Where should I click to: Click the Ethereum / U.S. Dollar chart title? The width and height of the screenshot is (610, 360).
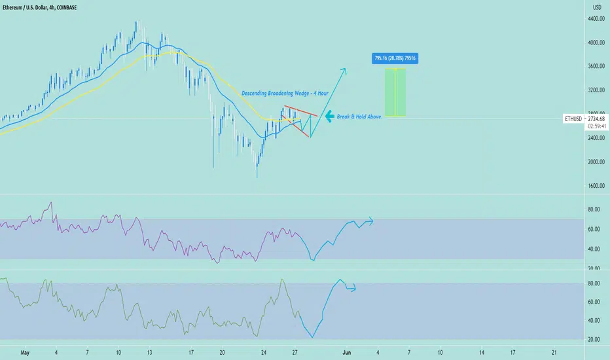click(39, 7)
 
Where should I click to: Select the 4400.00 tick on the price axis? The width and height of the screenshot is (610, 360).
click(596, 19)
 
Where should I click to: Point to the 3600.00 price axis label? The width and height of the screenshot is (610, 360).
click(596, 66)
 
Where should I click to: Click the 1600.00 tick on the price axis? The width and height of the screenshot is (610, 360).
click(596, 186)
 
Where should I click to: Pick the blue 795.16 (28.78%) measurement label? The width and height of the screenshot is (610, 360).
click(395, 58)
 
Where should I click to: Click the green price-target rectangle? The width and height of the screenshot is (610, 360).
click(395, 93)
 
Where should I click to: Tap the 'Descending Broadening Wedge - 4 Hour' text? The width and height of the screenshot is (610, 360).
click(285, 94)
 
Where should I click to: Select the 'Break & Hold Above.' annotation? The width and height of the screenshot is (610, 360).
click(359, 117)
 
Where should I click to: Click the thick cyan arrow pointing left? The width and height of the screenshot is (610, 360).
click(329, 116)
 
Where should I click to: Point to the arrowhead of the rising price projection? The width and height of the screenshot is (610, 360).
click(344, 69)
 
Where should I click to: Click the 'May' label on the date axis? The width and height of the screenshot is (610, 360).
click(25, 353)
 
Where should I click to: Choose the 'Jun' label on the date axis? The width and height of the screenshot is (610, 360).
click(347, 353)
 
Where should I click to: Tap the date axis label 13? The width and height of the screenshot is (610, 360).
click(149, 353)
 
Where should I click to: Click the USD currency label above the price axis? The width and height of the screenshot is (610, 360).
click(597, 7)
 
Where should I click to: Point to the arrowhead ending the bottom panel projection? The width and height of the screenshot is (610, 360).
click(353, 289)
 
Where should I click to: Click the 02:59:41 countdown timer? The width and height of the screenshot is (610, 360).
click(596, 126)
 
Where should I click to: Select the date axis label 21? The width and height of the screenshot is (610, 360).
click(554, 353)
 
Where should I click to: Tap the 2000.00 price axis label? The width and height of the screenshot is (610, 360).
click(596, 162)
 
